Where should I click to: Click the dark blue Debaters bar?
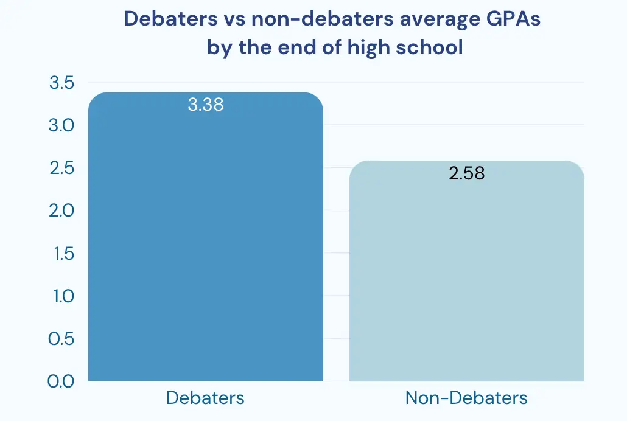coord(205,243)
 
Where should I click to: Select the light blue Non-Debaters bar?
coord(466,274)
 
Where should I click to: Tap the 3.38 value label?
coord(206,105)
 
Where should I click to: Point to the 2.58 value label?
coord(466,173)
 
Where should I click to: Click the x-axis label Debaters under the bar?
coord(205,398)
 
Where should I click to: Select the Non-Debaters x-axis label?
coord(466,398)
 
